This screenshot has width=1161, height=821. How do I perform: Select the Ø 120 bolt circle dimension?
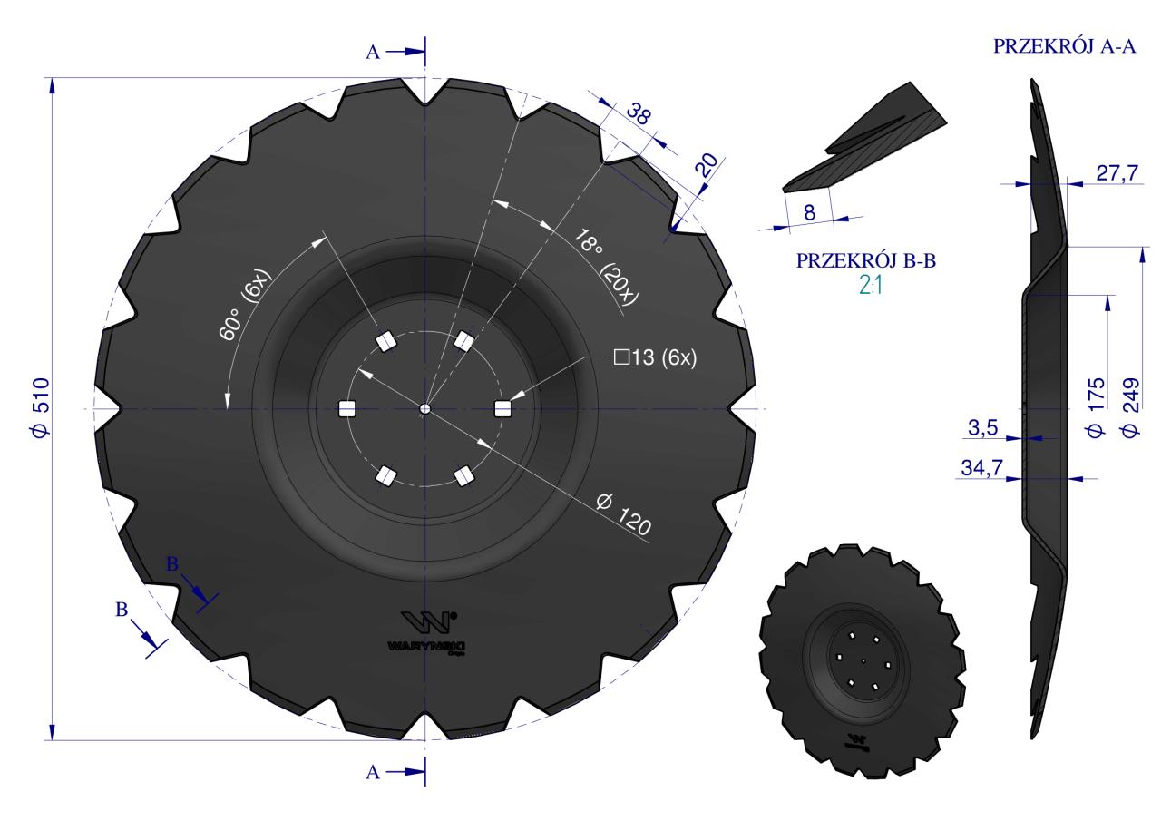click(624, 513)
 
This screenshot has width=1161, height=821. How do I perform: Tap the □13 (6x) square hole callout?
click(656, 357)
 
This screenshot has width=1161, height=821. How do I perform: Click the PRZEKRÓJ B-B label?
click(865, 261)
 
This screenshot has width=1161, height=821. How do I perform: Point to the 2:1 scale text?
click(865, 283)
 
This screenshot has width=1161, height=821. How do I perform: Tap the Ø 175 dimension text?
click(1097, 407)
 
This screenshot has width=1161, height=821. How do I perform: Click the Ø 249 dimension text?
click(1131, 407)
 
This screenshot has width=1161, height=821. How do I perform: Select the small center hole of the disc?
click(425, 409)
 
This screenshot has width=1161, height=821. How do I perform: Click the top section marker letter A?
click(373, 53)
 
